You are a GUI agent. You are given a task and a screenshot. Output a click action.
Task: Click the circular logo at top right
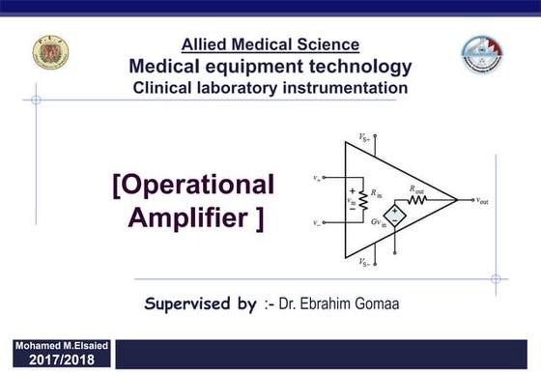pyautogui.click(x=482, y=55)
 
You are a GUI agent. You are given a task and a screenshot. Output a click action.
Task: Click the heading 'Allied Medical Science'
pyautogui.click(x=270, y=44)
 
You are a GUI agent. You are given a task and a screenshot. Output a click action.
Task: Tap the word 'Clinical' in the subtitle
pyautogui.click(x=165, y=88)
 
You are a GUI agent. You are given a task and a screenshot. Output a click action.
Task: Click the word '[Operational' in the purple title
pyautogui.click(x=193, y=185)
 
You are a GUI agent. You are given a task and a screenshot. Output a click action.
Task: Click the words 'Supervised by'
pyautogui.click(x=200, y=303)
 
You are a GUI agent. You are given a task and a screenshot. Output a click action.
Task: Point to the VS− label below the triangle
pyautogui.click(x=364, y=262)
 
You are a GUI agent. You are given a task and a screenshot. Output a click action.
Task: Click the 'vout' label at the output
pyautogui.click(x=482, y=200)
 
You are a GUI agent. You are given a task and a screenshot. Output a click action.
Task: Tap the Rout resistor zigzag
pyautogui.click(x=416, y=200)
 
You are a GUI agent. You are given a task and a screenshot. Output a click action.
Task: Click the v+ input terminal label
pyautogui.click(x=318, y=178)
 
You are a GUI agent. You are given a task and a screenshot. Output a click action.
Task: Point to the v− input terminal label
pyautogui.click(x=318, y=222)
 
